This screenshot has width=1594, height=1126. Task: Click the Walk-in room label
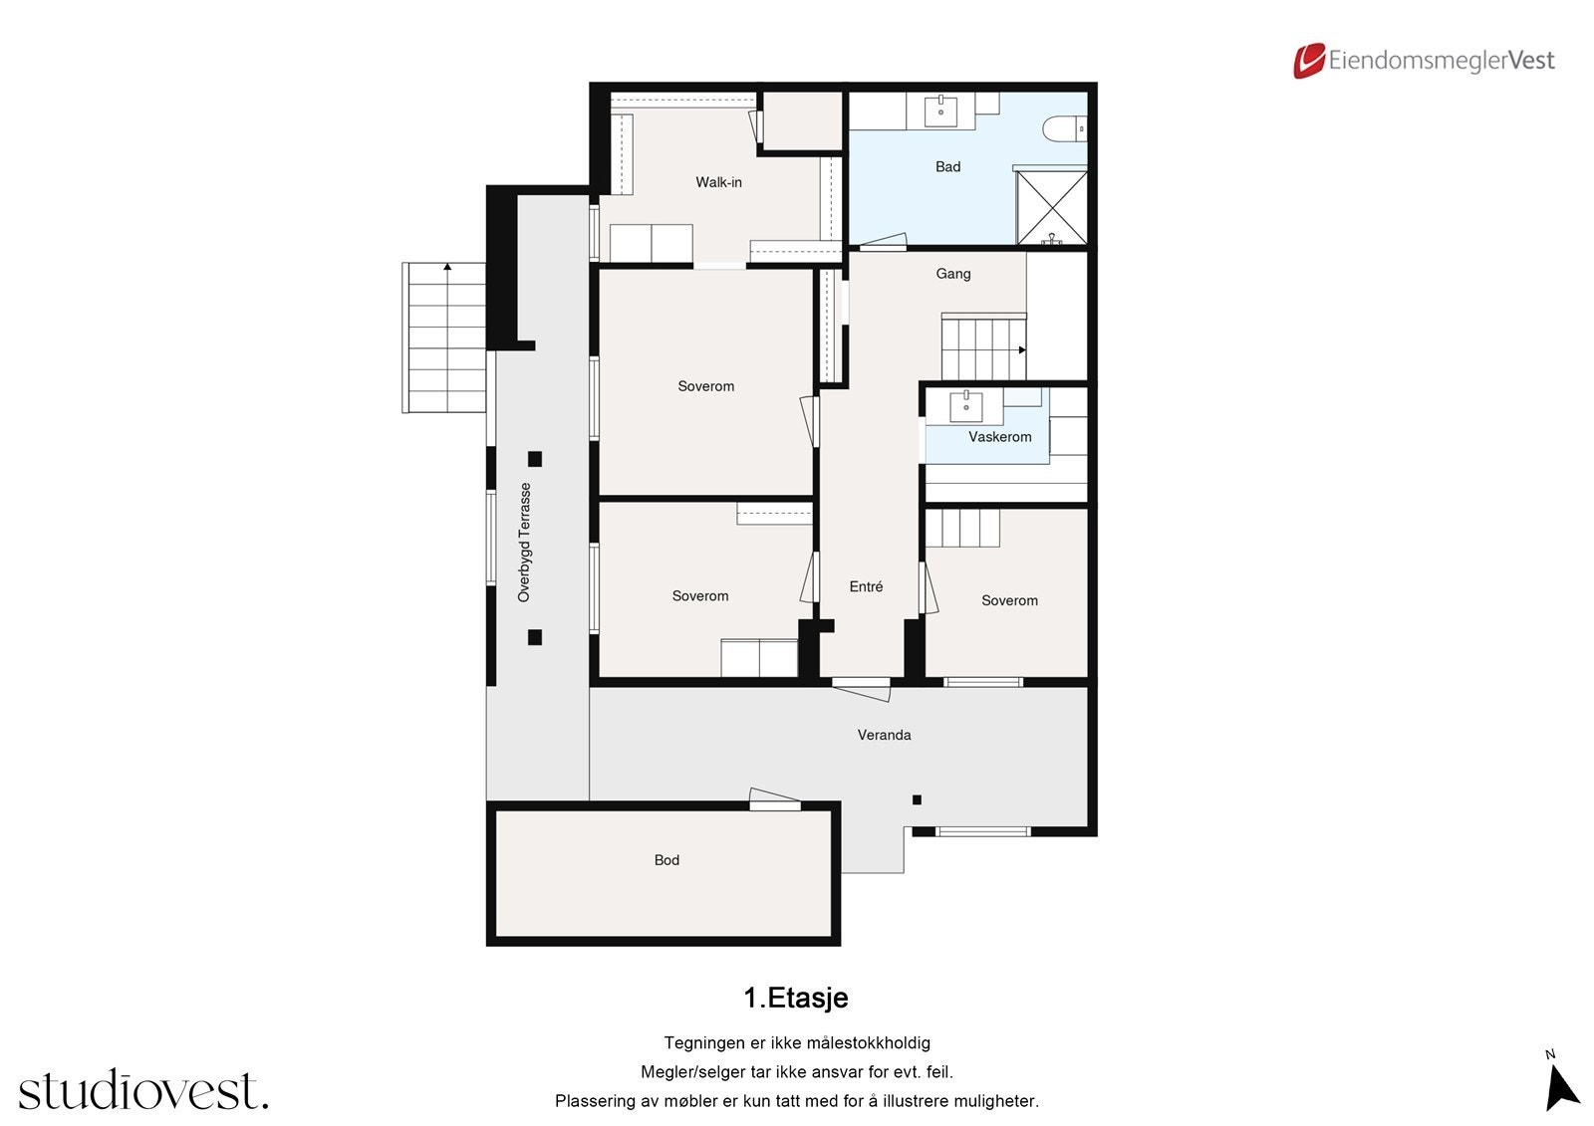[718, 182]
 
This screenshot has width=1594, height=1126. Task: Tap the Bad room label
[947, 166]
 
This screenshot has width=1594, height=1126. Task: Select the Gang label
[952, 274]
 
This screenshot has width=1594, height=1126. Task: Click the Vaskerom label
[1000, 437]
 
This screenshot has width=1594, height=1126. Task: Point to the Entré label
[866, 586]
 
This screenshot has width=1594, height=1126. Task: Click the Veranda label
[884, 735]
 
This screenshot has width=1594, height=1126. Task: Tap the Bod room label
[666, 860]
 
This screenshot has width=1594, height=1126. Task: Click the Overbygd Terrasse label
[524, 543]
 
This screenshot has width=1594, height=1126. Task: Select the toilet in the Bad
[1065, 129]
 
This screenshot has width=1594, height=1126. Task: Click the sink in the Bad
[940, 111]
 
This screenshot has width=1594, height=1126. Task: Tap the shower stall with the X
[1051, 207]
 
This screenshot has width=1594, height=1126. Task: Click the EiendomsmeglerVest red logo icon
[1309, 61]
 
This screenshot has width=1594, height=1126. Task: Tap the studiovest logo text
[143, 1089]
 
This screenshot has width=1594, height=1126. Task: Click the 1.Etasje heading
[796, 998]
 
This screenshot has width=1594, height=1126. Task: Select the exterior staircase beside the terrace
[444, 338]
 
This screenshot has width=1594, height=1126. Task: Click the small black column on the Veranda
[918, 799]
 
